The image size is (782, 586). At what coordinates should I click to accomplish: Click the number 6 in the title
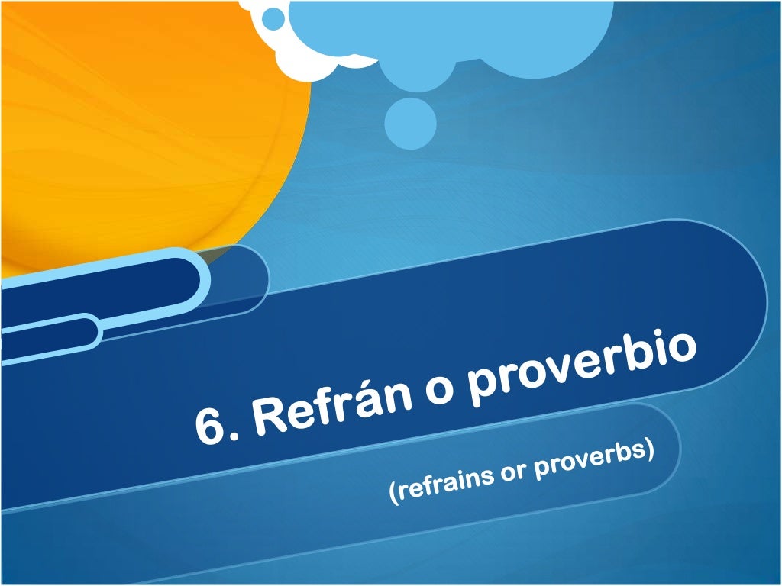[x=211, y=425]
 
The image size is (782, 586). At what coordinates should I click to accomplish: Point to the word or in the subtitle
[x=513, y=474]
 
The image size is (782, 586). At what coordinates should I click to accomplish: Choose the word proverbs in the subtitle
[x=593, y=461]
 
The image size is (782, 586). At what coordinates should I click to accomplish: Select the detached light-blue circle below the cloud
[x=410, y=123]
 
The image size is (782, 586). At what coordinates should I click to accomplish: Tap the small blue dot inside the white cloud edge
[x=273, y=18]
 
